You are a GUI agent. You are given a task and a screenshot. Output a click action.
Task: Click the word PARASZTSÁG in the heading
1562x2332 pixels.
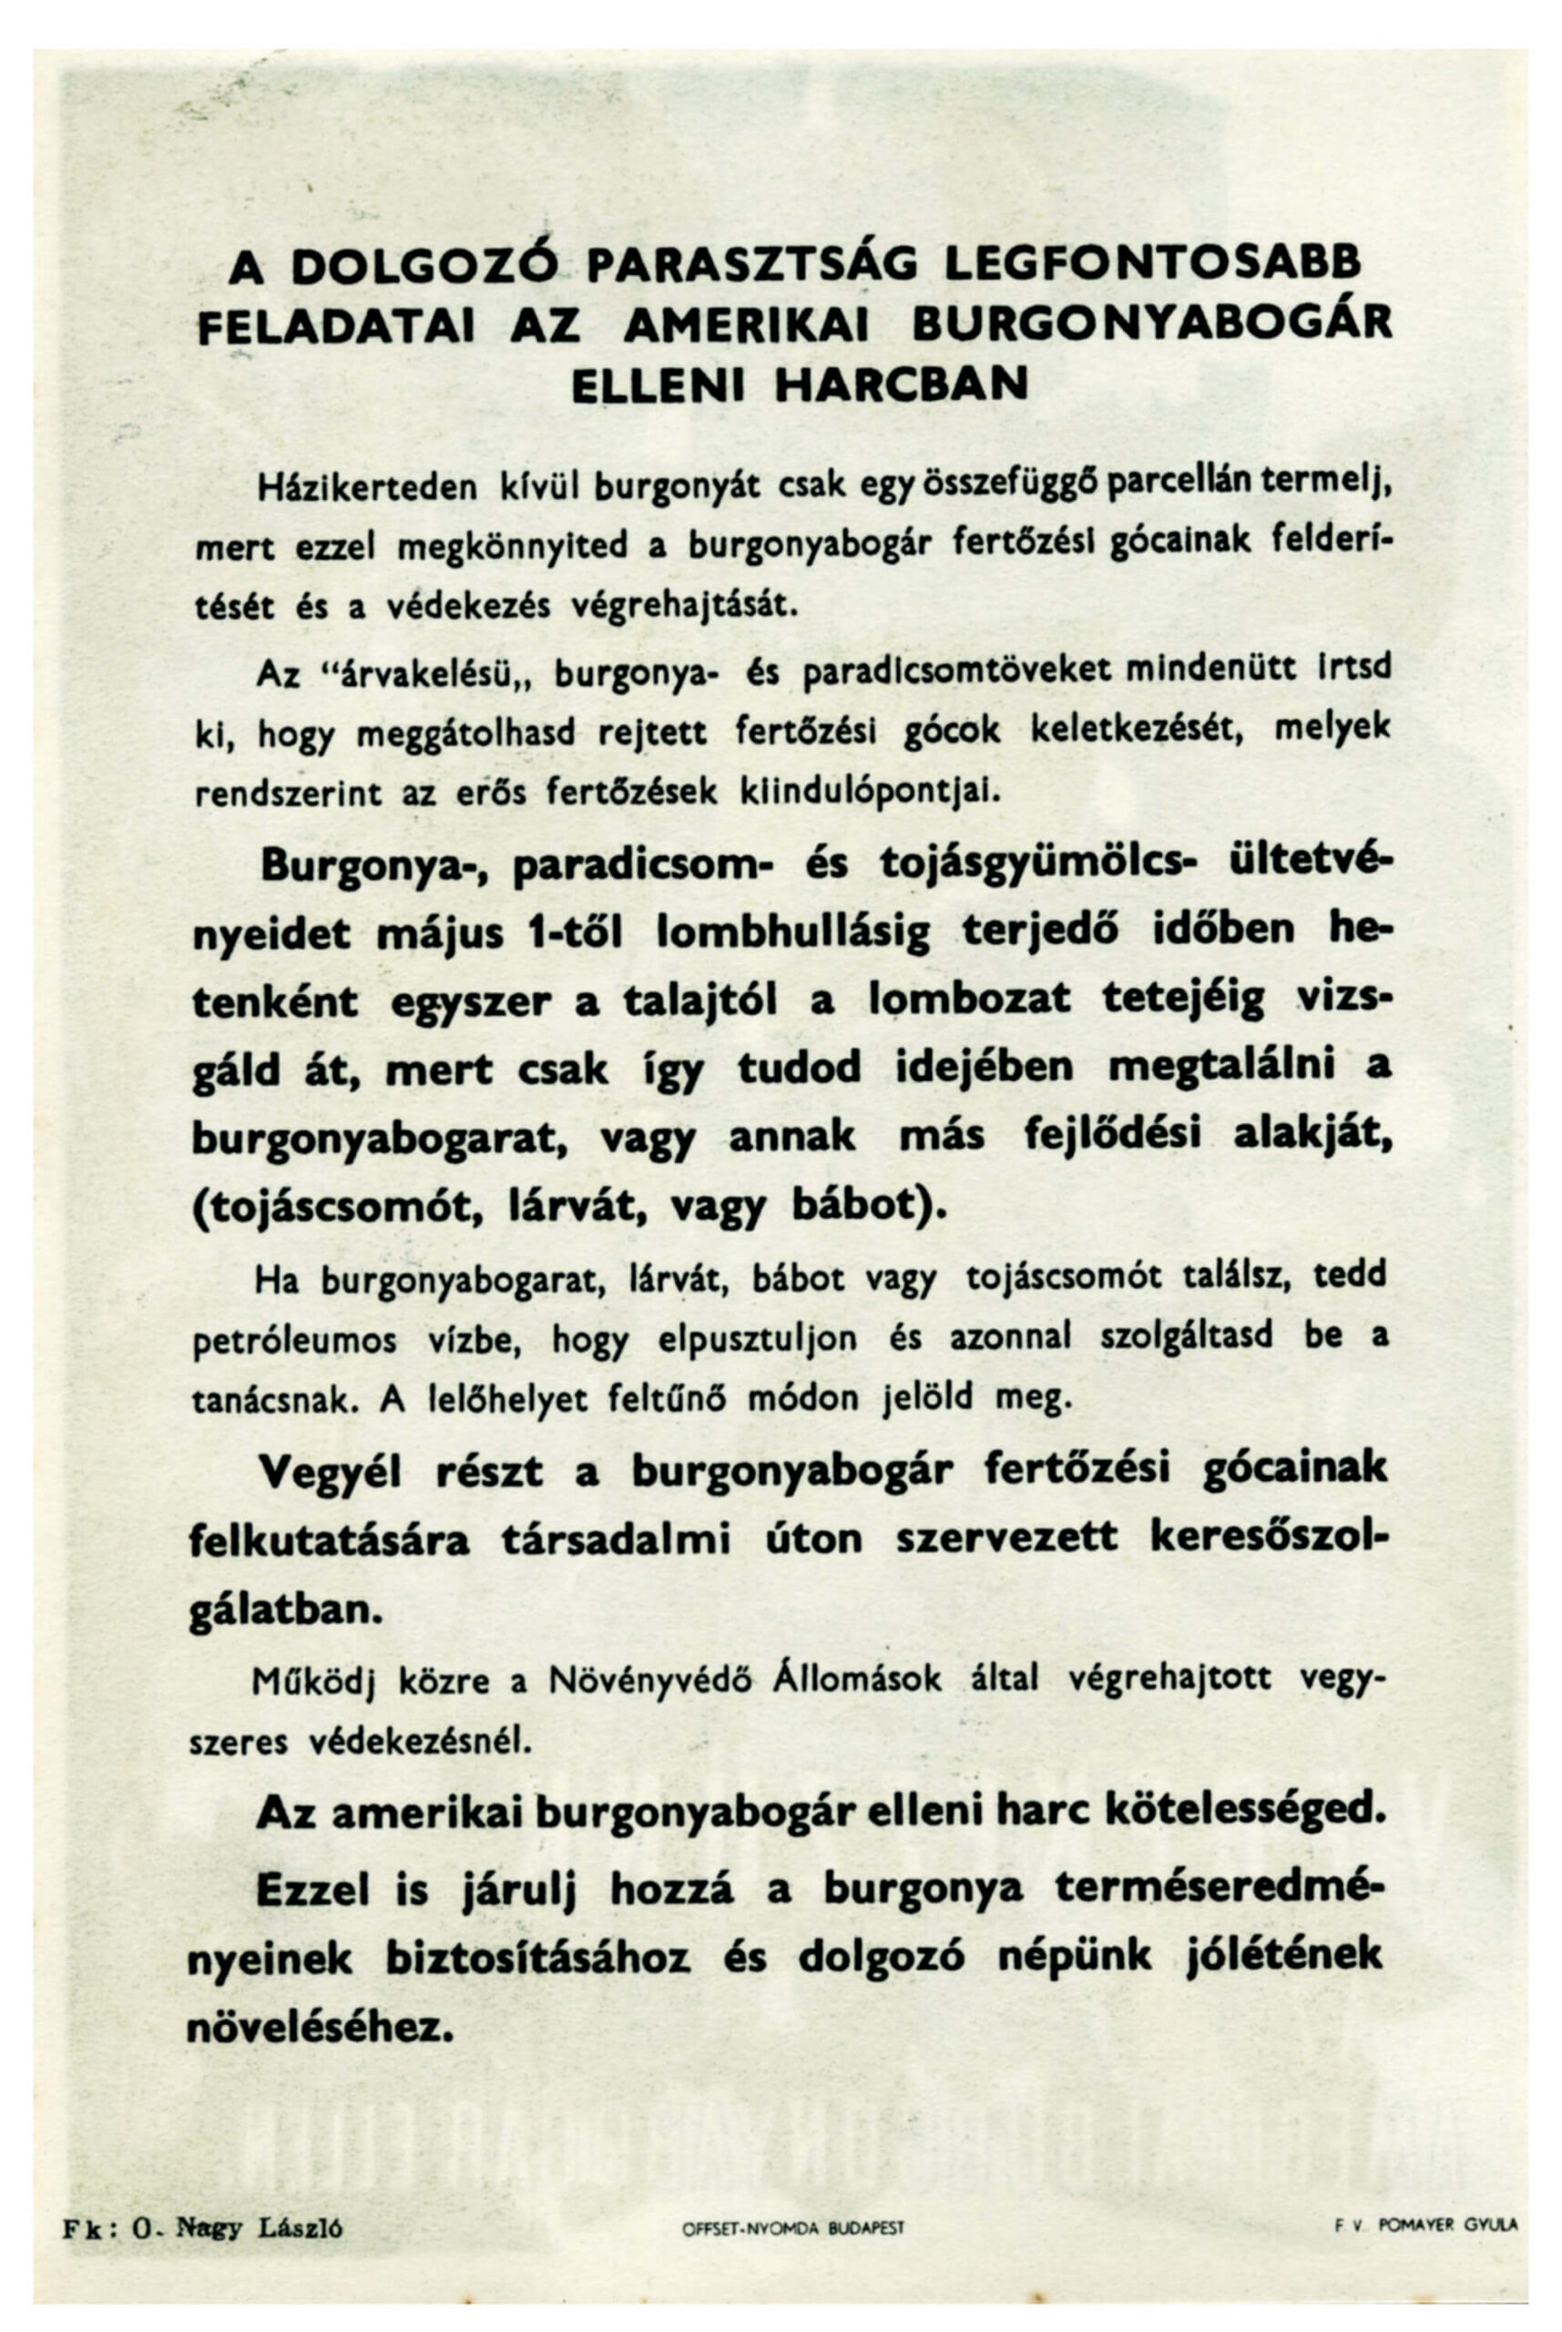(753, 267)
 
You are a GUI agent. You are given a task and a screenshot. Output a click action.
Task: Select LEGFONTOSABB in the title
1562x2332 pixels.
(1151, 264)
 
